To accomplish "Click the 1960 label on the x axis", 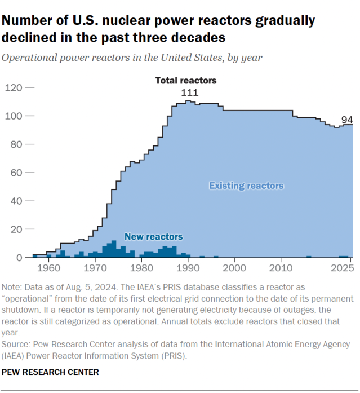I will (48, 267).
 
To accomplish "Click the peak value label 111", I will (189, 92).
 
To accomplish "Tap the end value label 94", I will (347, 119).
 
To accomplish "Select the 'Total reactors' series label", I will (186, 81).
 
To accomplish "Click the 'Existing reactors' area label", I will (246, 186).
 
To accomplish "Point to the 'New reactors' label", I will (153, 237).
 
